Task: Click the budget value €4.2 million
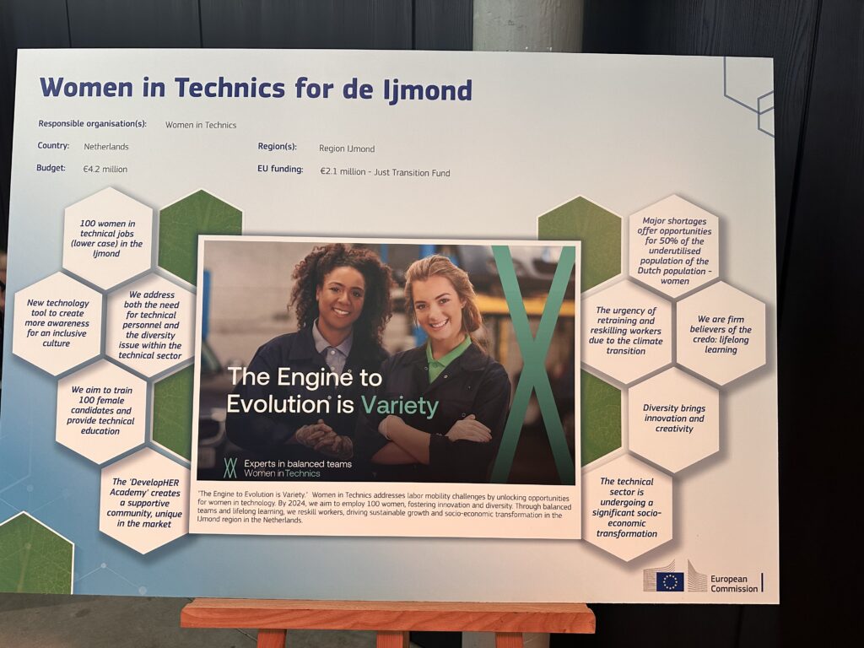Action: click(105, 169)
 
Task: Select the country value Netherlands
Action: click(106, 147)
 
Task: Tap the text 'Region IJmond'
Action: click(347, 148)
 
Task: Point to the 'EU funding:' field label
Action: click(280, 169)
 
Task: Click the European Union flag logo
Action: click(670, 582)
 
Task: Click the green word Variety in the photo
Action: click(399, 406)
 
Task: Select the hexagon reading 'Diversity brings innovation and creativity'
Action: click(674, 418)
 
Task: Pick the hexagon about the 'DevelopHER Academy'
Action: click(145, 503)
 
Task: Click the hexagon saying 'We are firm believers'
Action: click(721, 334)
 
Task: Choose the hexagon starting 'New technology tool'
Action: click(57, 323)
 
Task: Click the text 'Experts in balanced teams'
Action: click(298, 464)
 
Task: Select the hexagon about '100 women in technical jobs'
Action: click(107, 238)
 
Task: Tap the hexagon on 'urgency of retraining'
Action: click(626, 331)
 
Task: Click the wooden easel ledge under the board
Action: click(388, 616)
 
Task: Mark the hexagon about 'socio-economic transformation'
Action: click(627, 507)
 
